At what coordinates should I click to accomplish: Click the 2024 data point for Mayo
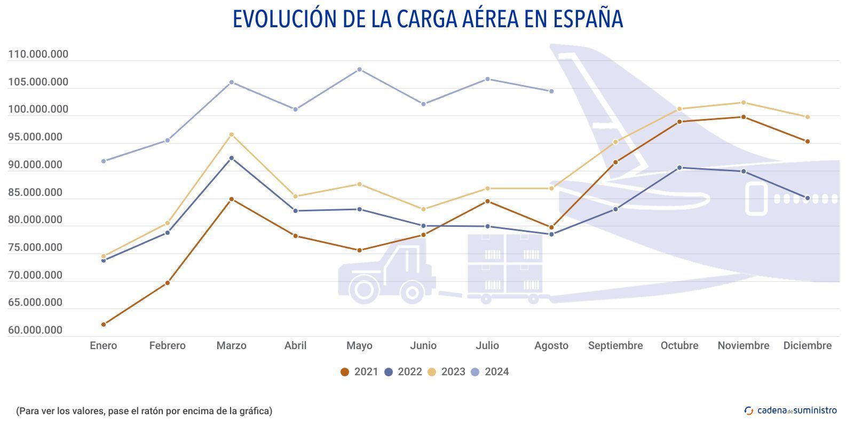point(359,69)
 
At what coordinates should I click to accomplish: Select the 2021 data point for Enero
point(104,325)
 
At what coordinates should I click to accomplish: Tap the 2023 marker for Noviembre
point(744,102)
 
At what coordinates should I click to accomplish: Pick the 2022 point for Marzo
point(232,158)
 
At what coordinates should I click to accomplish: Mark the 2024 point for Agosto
point(551,91)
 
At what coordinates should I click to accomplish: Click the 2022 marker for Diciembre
point(808,198)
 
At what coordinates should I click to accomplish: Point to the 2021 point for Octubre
point(679,122)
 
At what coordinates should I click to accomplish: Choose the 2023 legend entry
point(447,372)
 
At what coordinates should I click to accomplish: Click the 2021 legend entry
point(360,372)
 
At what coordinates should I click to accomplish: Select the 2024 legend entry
point(491,372)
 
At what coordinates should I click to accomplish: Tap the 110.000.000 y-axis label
point(38,54)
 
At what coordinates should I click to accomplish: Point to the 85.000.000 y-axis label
point(35,193)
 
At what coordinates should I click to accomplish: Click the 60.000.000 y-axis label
point(35,330)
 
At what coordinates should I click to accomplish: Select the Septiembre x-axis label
point(615,346)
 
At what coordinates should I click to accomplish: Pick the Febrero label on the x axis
point(168,346)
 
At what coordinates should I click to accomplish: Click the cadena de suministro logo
point(790,410)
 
